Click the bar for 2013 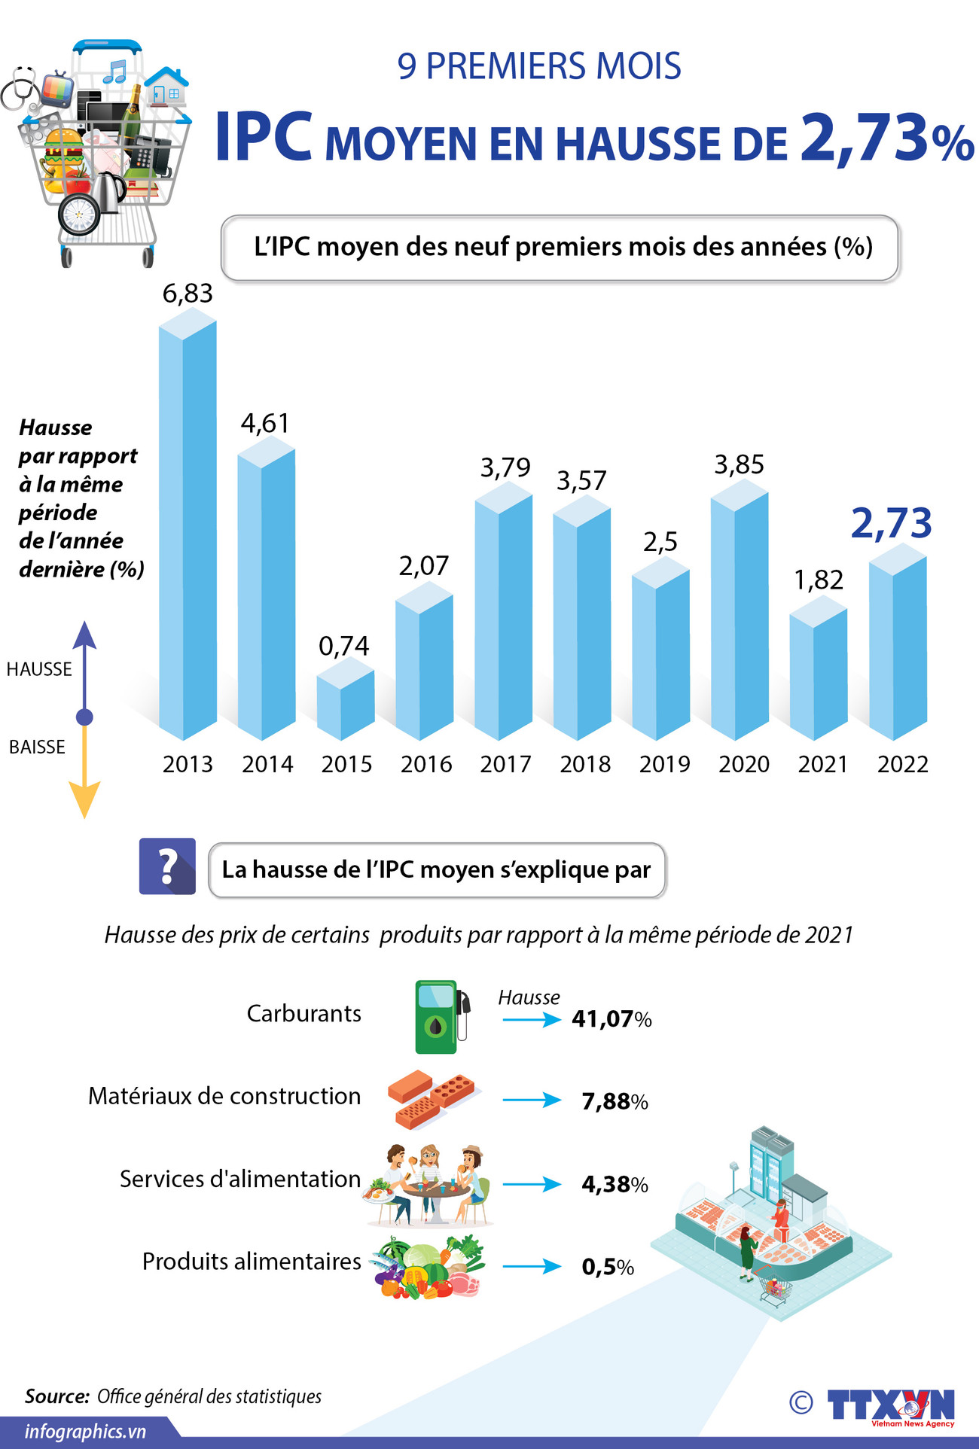188,527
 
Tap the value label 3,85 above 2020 739,465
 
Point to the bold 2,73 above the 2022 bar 891,522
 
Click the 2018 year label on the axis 585,764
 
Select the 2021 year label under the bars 823,764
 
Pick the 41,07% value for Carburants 611,1019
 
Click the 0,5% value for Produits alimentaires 607,1267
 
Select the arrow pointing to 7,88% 532,1100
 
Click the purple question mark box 167,866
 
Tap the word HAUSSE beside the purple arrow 39,669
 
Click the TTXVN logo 890,1405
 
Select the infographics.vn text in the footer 85,1431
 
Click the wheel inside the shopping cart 79,214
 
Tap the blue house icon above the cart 166,87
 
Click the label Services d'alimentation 240,1179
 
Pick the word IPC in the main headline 263,137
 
